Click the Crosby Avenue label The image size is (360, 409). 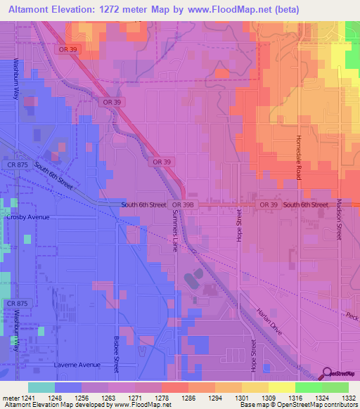[x=28, y=217]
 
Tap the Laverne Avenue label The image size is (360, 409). [x=77, y=365]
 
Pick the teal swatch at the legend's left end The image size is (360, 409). [x=41, y=387]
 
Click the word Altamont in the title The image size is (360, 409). [x=30, y=10]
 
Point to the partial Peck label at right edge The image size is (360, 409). [x=352, y=315]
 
